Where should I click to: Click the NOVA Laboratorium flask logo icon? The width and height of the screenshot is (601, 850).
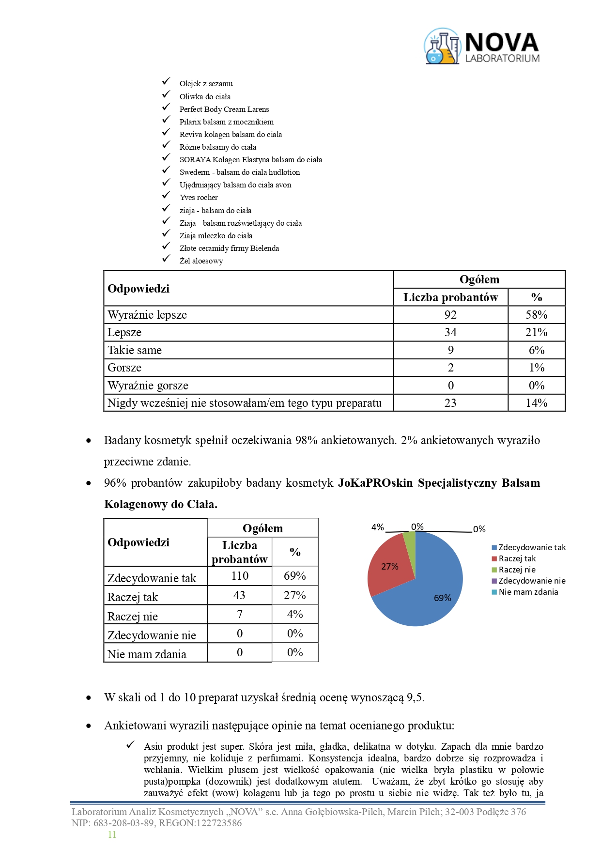442,46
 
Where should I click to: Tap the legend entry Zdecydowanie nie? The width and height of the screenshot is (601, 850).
532,581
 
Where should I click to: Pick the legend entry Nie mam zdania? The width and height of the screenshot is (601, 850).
528,592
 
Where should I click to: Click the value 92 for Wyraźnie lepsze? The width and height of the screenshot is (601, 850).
450,315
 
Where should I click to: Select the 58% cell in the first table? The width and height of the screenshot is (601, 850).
537,315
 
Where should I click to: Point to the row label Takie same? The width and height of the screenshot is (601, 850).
135,350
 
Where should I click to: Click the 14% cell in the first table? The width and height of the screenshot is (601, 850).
537,403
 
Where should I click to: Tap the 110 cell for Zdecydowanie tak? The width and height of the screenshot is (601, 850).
240,576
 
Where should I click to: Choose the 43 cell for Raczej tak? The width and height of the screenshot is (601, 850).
239,595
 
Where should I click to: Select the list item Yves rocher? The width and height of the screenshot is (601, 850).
199,198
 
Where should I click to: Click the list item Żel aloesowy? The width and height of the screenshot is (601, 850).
201,261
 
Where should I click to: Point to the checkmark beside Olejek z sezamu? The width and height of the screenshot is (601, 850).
167,81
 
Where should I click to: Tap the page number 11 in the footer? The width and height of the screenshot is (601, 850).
112,835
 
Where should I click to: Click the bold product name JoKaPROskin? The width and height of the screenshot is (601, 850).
375,483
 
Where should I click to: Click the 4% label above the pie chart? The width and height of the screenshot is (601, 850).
378,527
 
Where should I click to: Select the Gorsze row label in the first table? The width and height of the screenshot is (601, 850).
124,368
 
